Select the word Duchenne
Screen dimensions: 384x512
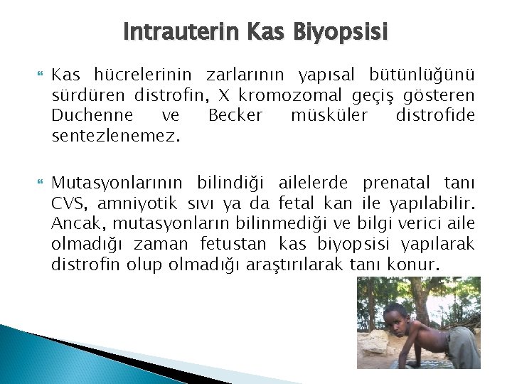(x=84, y=115)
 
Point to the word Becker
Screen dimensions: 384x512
(x=235, y=115)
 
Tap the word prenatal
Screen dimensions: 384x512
(x=400, y=186)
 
